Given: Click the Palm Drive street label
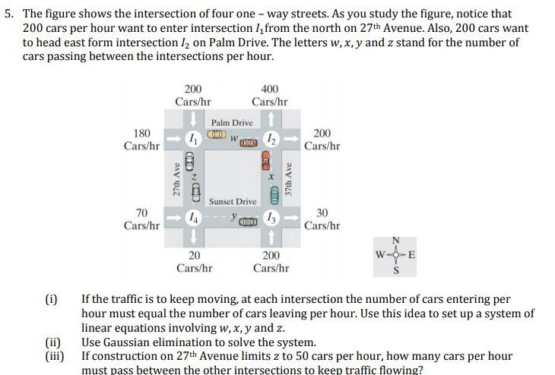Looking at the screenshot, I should tap(232, 122).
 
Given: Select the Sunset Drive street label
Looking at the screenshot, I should tap(233, 201).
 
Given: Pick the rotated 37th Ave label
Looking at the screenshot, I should tap(288, 179).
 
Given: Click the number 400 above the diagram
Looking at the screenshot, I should tap(269, 90).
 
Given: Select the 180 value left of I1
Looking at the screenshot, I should tap(141, 133).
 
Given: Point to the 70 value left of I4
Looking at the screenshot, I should tap(141, 213).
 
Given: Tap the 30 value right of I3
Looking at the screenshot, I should tap(322, 213).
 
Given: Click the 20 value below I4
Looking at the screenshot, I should tap(194, 256).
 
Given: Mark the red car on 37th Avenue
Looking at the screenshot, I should tap(265, 161).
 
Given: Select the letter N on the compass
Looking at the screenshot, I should tap(395, 241).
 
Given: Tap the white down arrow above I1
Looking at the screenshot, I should tap(194, 119).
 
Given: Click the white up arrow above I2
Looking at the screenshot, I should tap(271, 119).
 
